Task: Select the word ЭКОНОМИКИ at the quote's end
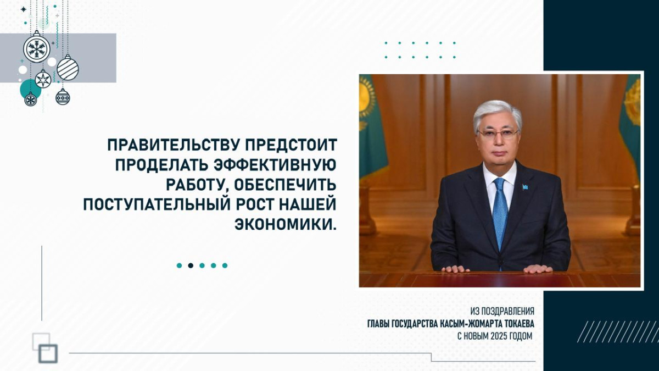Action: [x=286, y=225]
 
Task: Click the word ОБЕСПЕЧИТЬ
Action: [x=286, y=185]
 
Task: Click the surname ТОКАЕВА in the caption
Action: [x=519, y=324]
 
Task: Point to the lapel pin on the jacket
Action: [x=525, y=187]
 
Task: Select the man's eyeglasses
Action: [x=498, y=134]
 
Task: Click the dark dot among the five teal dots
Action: [x=191, y=265]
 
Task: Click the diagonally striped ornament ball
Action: [x=68, y=68]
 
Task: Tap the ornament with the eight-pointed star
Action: [x=43, y=79]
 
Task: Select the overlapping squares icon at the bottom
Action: [x=44, y=348]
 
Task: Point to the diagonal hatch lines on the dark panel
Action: [x=617, y=331]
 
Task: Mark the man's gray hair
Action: [x=497, y=113]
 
